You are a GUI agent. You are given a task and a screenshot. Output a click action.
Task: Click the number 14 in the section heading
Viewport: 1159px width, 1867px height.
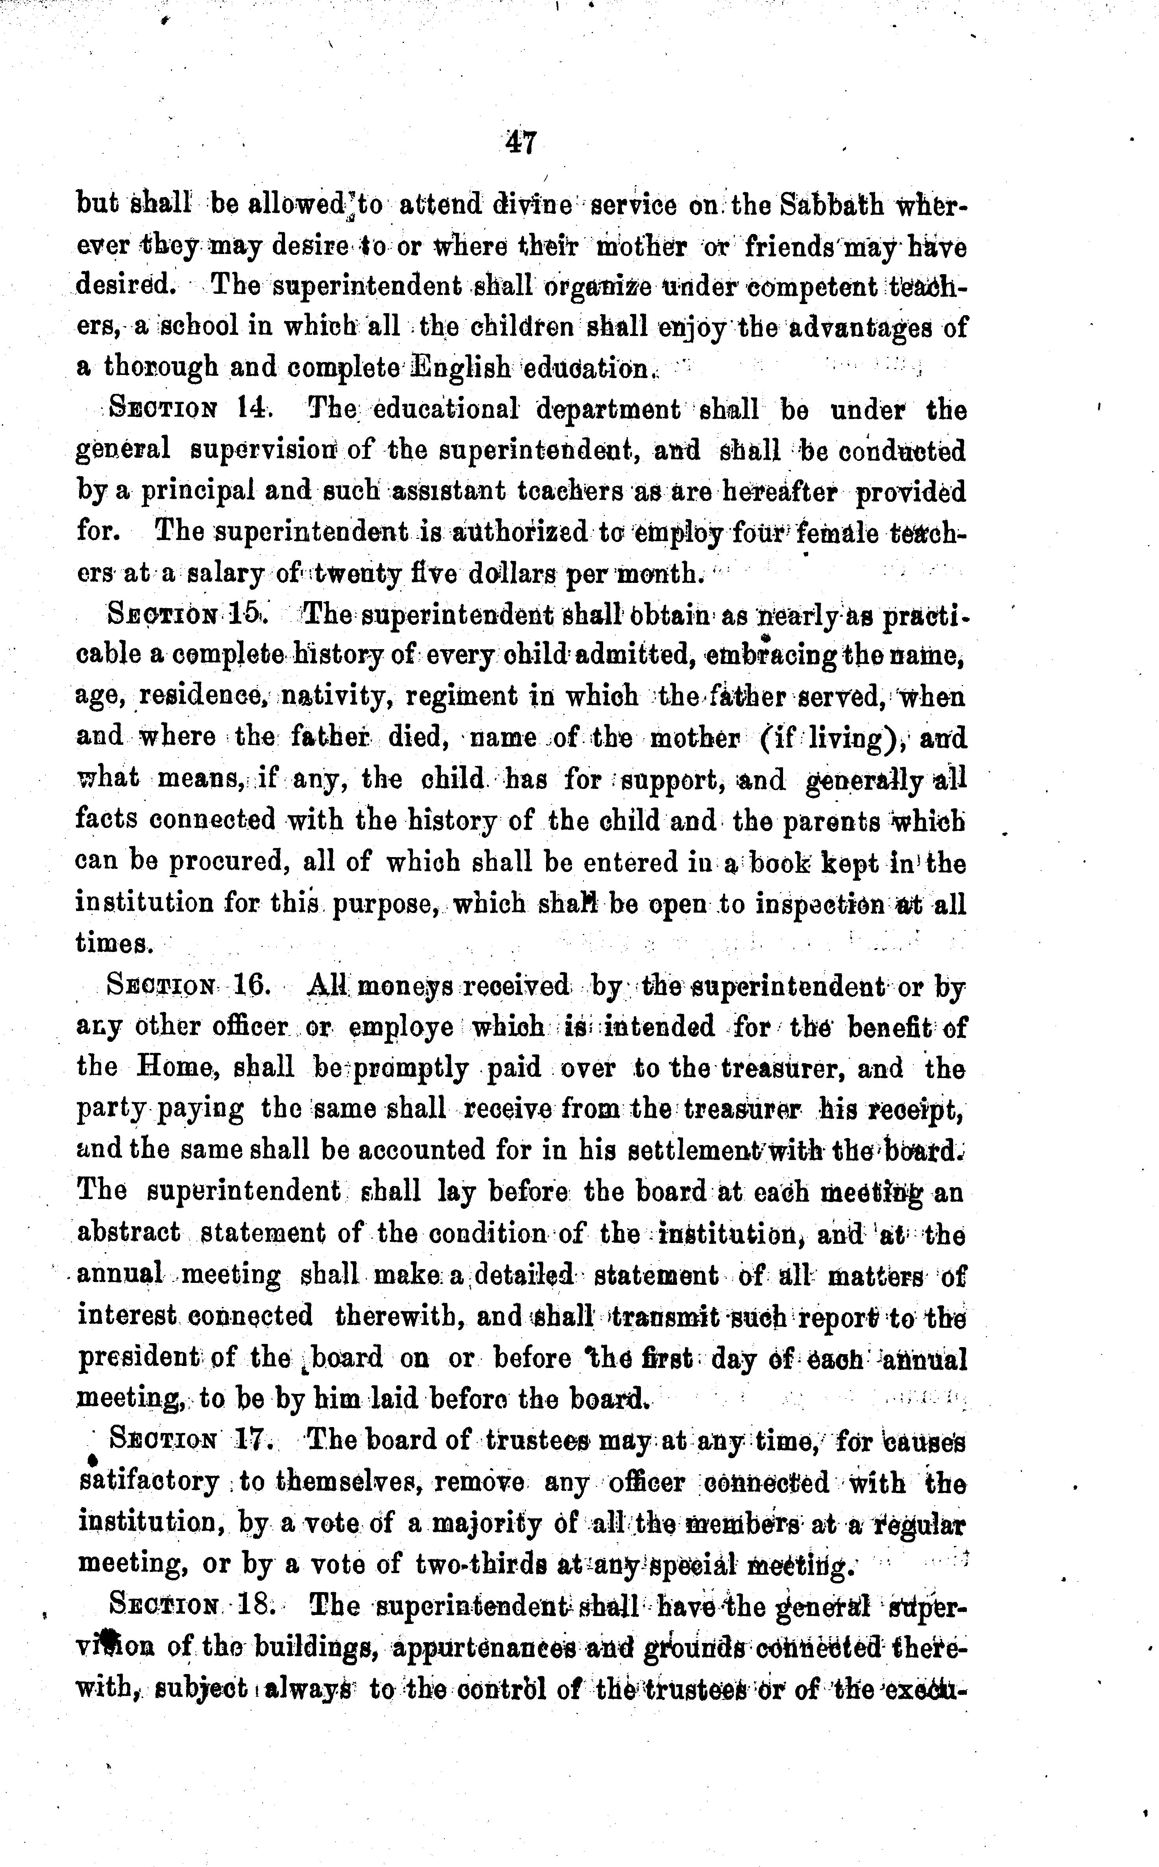pos(252,409)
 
